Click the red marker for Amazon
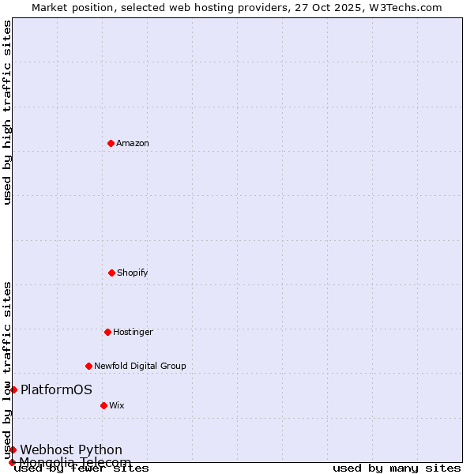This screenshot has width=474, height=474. click(x=111, y=143)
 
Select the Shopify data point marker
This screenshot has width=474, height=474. click(x=111, y=273)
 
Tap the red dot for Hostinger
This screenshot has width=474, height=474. click(x=107, y=332)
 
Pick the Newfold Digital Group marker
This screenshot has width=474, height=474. click(x=88, y=366)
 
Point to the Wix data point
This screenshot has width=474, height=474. click(x=103, y=405)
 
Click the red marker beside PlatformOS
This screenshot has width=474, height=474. click(x=13, y=389)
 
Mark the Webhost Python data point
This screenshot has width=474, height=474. click(x=13, y=450)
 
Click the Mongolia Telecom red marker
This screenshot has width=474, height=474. click(x=12, y=462)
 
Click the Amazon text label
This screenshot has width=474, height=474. click(x=133, y=143)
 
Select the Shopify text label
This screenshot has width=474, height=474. click(x=133, y=273)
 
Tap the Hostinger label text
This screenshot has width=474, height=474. click(x=133, y=332)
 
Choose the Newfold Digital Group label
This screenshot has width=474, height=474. click(x=140, y=366)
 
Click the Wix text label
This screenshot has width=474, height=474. click(x=117, y=405)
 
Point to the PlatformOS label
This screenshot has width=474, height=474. click(x=56, y=389)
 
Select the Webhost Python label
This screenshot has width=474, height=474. click(x=71, y=450)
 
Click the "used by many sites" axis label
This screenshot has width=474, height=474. click(x=397, y=468)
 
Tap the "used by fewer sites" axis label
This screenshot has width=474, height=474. click(x=81, y=468)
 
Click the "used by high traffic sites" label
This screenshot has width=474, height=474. click(x=8, y=112)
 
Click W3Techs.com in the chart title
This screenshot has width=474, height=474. click(x=403, y=7)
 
